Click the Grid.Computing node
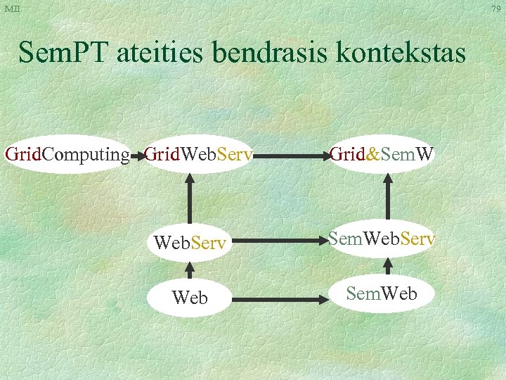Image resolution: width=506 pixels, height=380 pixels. click(x=67, y=154)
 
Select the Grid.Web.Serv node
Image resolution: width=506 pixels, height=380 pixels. click(x=198, y=154)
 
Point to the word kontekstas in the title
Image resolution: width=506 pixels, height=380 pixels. click(x=405, y=53)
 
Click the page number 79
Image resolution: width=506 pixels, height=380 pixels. click(x=496, y=8)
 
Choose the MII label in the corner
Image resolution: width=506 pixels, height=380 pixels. click(x=12, y=8)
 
